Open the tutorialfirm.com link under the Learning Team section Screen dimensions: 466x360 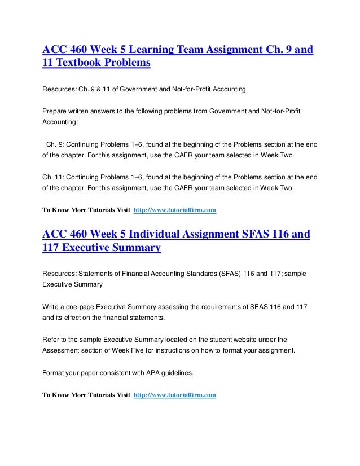tap(174, 211)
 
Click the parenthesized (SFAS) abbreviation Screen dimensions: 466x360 tap(226, 274)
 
